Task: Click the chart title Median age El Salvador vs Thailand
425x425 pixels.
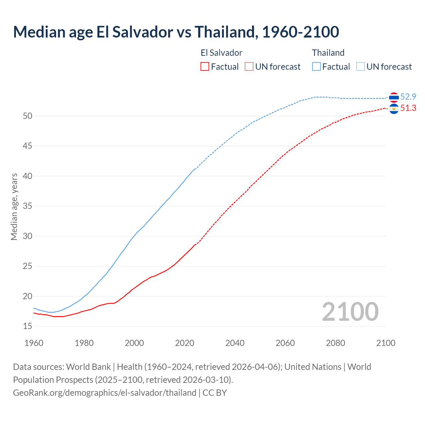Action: pos(176,32)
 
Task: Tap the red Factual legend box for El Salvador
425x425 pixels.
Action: pos(205,66)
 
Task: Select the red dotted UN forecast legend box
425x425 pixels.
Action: pos(249,66)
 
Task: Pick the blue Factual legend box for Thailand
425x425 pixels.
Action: pos(316,66)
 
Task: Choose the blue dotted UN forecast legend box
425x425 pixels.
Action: pos(361,66)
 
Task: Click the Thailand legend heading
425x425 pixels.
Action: pos(328,53)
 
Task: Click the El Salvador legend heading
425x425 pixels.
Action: pos(221,53)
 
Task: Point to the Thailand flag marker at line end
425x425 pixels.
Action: pos(394,97)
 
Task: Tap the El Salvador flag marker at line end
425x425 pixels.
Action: pos(394,109)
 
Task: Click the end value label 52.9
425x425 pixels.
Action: pos(408,97)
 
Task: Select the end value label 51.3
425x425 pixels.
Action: pos(408,108)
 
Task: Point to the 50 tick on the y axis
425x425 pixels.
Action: pos(28,116)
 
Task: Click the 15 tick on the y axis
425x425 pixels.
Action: pos(28,326)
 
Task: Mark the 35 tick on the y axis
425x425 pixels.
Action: pos(28,206)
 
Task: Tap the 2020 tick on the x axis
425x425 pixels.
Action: pos(185,343)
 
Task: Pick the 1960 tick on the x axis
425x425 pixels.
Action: pos(34,343)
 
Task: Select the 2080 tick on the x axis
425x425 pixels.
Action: pos(335,343)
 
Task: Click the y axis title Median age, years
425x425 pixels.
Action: pos(14,206)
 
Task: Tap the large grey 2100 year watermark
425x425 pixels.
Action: pos(350,311)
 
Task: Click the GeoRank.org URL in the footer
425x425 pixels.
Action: pos(105,393)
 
